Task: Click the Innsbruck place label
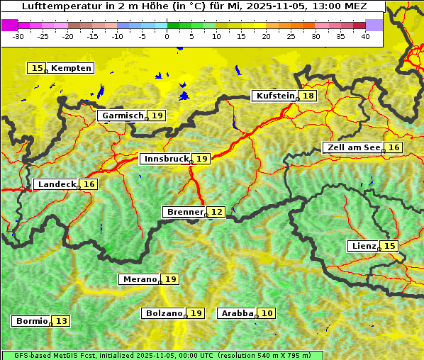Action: [165, 159]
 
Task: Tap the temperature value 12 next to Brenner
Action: [217, 212]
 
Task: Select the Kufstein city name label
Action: [274, 96]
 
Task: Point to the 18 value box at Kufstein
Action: [308, 96]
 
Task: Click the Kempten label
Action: [71, 68]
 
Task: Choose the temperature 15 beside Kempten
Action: [37, 68]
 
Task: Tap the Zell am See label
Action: [352, 147]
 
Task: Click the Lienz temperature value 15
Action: [390, 246]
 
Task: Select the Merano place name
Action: [139, 279]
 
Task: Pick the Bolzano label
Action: [164, 313]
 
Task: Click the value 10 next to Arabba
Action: [267, 313]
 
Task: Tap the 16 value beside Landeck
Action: [89, 184]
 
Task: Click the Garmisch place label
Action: [122, 115]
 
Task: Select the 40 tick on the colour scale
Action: [365, 36]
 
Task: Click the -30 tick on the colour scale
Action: [18, 36]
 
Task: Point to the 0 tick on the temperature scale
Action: [167, 36]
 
